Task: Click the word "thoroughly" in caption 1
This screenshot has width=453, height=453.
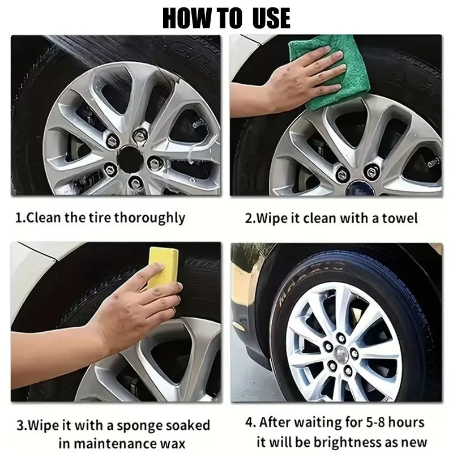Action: (149, 217)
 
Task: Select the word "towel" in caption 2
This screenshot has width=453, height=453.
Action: (400, 218)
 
